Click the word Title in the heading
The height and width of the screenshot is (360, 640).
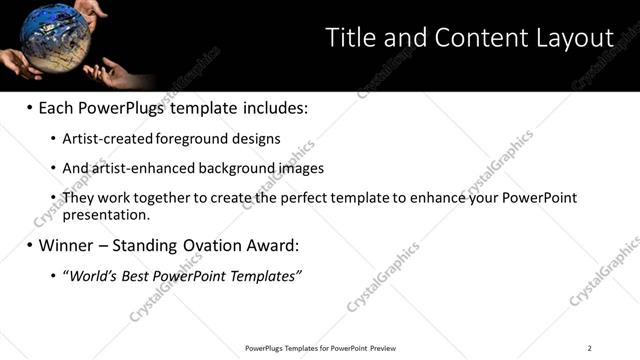[x=350, y=38]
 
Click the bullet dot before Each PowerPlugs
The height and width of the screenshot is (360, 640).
[x=29, y=107]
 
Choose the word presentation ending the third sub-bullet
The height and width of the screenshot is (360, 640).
[x=105, y=214]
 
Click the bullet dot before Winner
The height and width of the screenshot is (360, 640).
[x=29, y=245]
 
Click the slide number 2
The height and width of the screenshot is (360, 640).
[x=589, y=348]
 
